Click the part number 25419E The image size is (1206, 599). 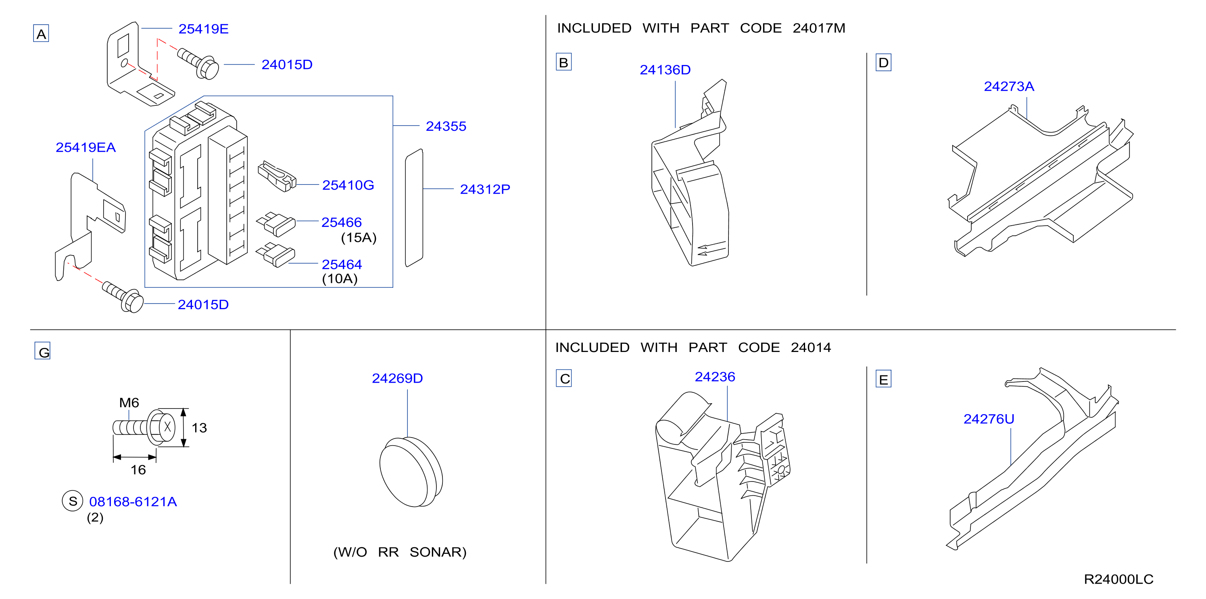pos(203,29)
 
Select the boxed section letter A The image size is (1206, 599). pos(41,34)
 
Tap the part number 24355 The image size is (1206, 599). pos(446,126)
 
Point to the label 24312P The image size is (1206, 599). pos(484,189)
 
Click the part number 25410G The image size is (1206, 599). pos(348,185)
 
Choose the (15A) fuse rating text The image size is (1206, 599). pos(359,237)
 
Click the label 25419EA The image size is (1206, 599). pos(86,147)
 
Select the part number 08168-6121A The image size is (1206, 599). pos(133,502)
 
